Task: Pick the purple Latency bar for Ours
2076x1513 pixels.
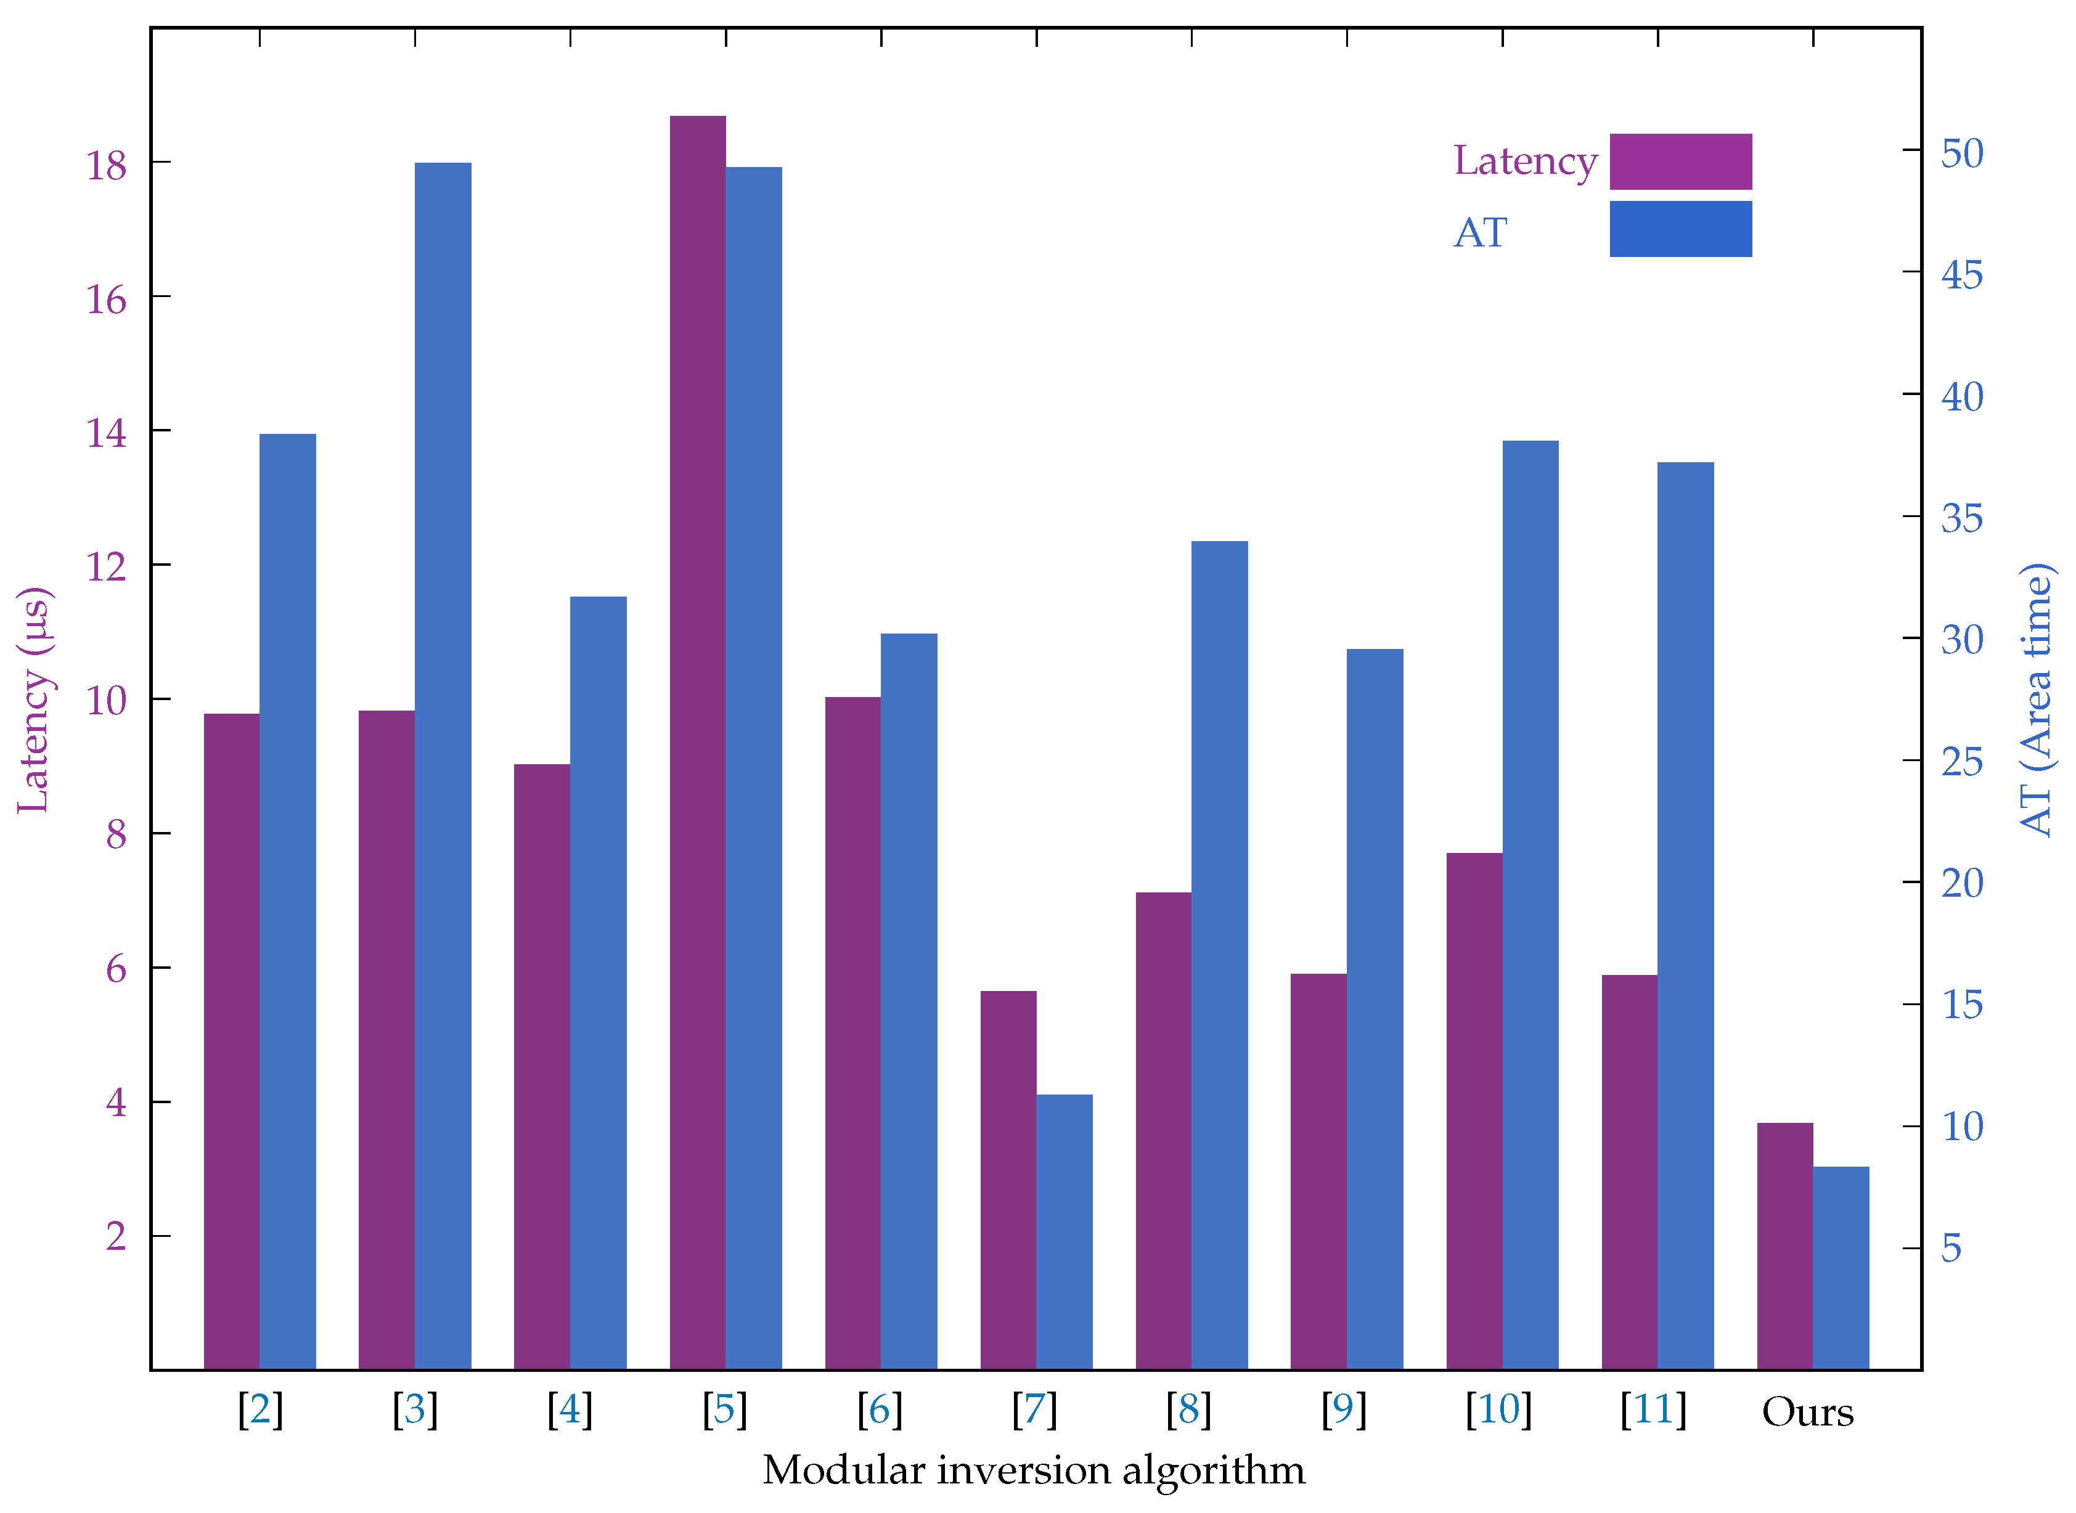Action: (1785, 1246)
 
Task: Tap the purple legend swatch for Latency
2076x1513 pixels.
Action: (1680, 162)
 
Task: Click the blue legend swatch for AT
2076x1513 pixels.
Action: (1680, 229)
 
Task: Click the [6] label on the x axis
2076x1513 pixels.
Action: (880, 1409)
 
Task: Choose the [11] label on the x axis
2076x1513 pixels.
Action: (1653, 1409)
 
